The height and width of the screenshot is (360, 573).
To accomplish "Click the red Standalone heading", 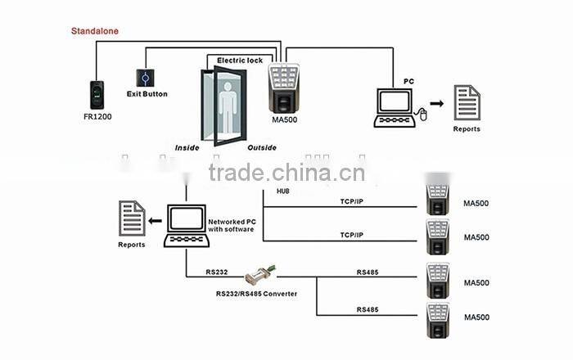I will tap(94, 31).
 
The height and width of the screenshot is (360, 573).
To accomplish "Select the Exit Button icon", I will tap(146, 78).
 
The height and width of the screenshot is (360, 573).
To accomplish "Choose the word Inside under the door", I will tap(187, 148).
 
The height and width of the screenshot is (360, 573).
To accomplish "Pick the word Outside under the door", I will tap(261, 148).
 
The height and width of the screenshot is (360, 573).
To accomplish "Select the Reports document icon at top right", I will tap(467, 103).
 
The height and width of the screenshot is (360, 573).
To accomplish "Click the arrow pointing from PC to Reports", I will tap(438, 104).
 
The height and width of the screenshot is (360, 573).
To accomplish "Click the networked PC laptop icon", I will tap(185, 226).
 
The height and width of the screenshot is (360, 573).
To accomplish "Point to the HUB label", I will tap(283, 192).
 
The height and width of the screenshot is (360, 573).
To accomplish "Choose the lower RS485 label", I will tap(368, 309).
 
